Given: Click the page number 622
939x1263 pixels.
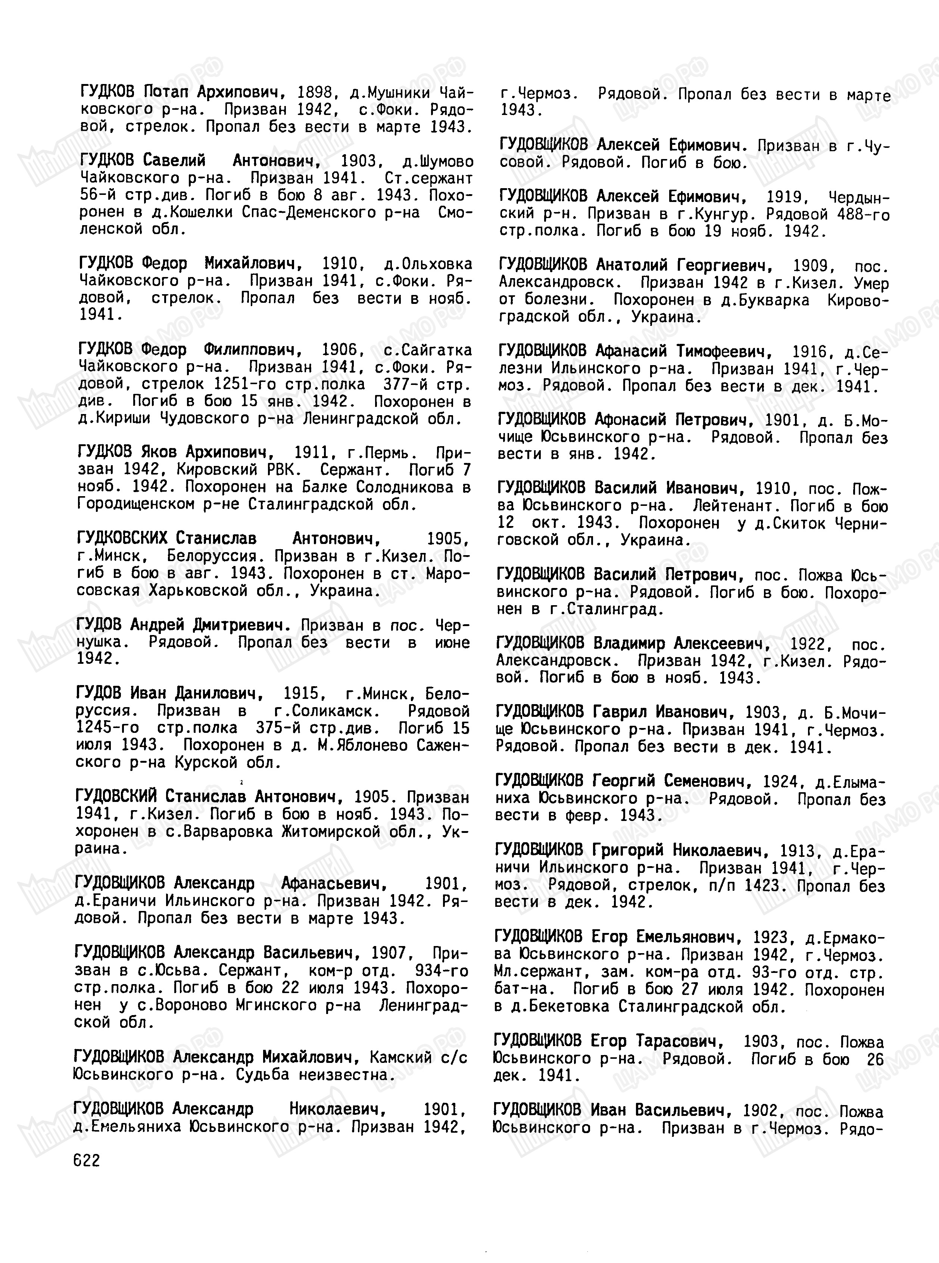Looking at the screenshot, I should (x=86, y=1161).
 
